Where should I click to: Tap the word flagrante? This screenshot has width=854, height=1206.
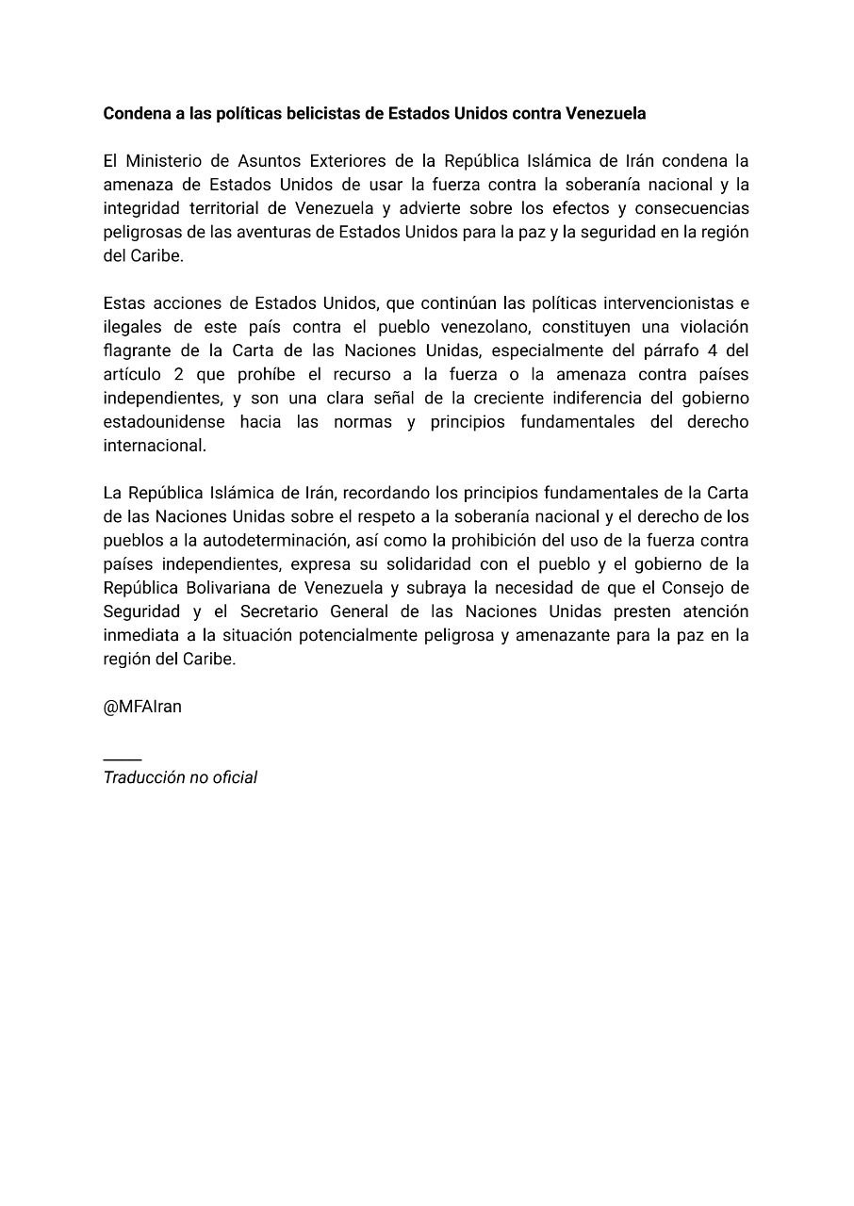pos(141,350)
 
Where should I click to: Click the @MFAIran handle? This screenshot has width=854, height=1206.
pos(142,707)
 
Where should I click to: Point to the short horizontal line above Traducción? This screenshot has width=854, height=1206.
pos(123,758)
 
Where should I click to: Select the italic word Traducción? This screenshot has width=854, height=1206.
pos(141,777)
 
